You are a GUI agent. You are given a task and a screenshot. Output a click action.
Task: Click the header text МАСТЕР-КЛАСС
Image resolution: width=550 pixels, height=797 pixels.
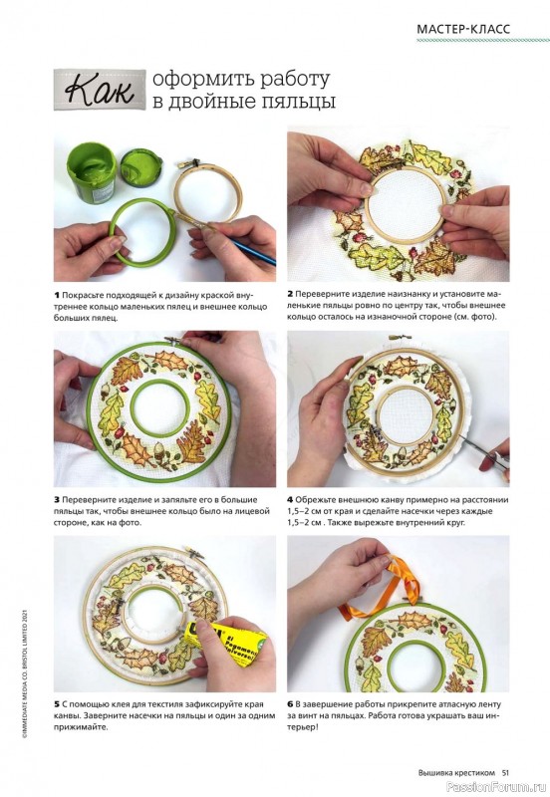[x=462, y=29]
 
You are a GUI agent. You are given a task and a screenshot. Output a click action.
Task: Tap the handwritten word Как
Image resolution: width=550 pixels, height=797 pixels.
[x=99, y=90]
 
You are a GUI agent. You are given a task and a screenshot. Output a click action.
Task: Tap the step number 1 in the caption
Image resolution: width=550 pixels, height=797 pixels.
[x=57, y=295]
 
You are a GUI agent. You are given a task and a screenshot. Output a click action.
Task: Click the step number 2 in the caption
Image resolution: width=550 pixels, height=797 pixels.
[x=290, y=294]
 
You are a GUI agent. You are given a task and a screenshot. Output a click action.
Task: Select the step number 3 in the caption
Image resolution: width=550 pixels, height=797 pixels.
[x=57, y=500]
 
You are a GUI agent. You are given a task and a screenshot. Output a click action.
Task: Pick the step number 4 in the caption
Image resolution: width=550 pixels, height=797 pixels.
[x=290, y=500]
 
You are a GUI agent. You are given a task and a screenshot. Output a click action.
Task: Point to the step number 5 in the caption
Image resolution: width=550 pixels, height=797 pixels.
[x=57, y=704]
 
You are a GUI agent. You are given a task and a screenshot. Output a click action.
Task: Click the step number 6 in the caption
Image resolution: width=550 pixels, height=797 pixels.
[x=290, y=704]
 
